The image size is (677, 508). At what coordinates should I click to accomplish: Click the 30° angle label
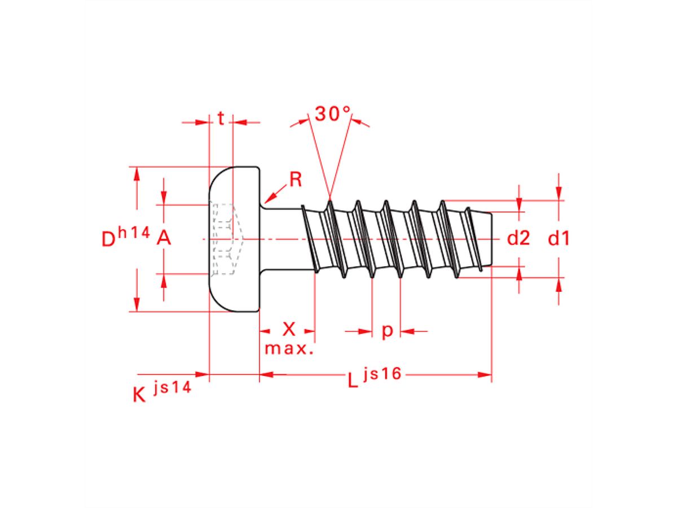[x=333, y=114]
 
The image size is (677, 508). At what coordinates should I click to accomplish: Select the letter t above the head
[x=221, y=119]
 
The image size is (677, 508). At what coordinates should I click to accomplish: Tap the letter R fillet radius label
[x=296, y=179]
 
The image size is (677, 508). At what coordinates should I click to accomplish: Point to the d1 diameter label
[x=559, y=239]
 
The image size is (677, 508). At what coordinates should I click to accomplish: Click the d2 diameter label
[x=518, y=239]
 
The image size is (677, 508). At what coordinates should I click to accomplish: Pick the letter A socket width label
[x=164, y=239]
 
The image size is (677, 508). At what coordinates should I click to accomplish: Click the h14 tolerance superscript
[x=134, y=231]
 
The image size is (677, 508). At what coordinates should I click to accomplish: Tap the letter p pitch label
[x=386, y=331]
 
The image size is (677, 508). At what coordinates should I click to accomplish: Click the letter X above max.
[x=289, y=329]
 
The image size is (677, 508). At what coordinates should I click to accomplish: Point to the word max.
[x=289, y=348]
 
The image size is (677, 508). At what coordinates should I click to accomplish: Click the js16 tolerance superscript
[x=383, y=373]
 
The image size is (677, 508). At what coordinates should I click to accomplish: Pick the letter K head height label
[x=139, y=395]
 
